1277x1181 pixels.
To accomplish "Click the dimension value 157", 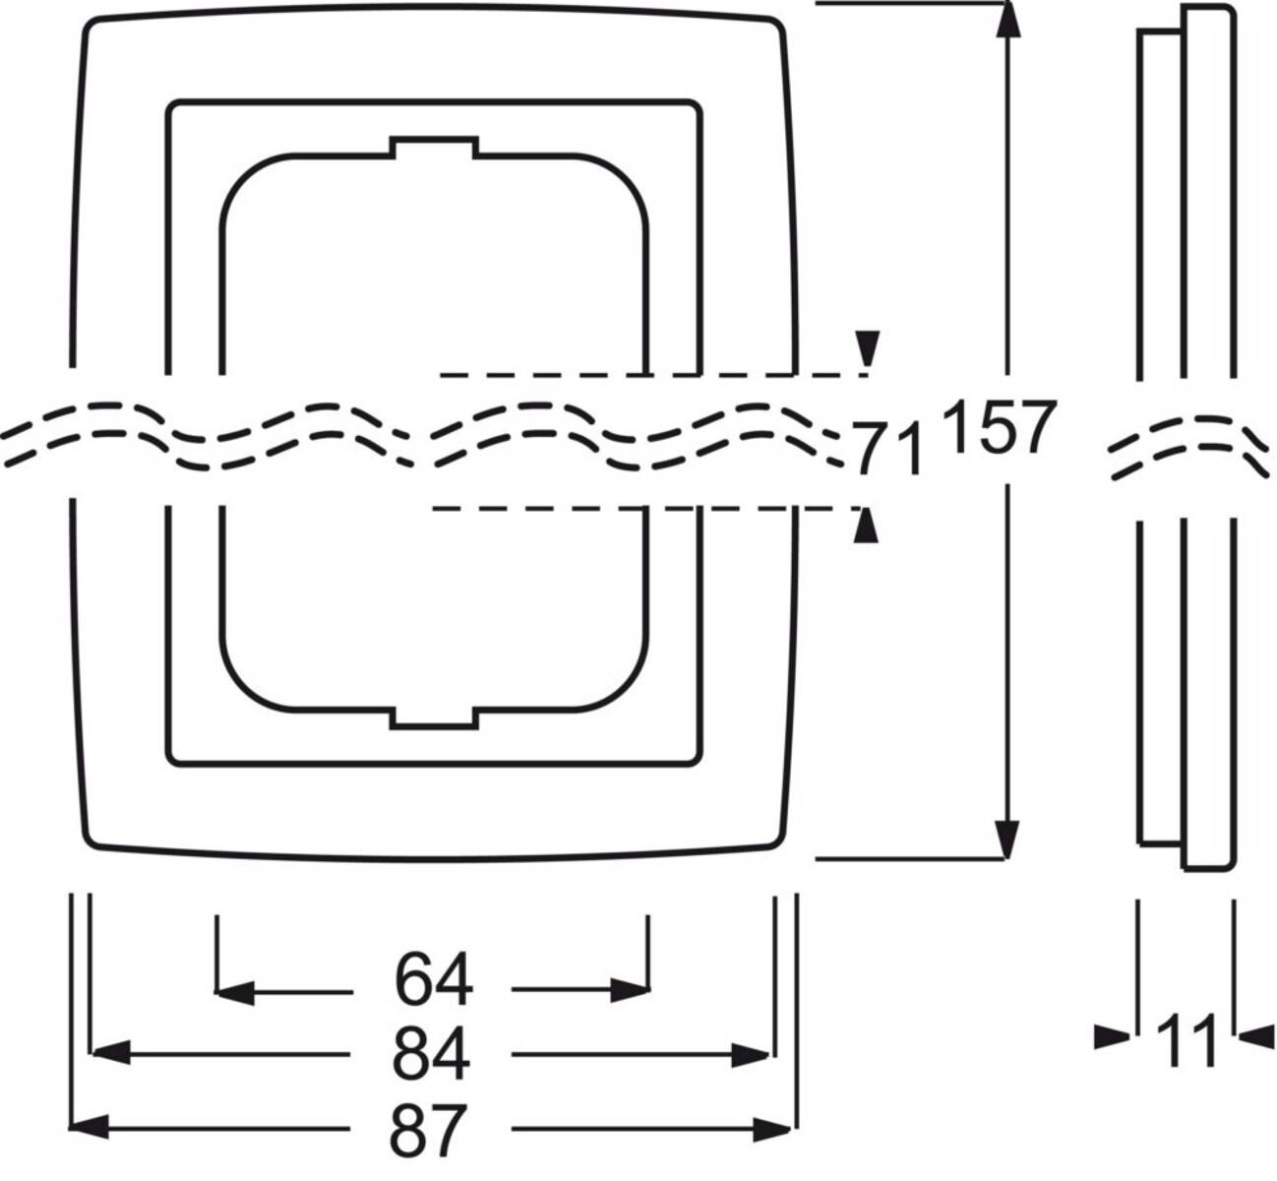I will tap(999, 429).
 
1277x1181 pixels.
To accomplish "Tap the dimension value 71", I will tap(888, 449).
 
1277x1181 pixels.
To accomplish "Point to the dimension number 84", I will tap(431, 1055).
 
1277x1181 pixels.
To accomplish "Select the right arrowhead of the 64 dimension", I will tap(631, 990).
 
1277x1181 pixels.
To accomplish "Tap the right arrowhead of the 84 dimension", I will tap(752, 1055).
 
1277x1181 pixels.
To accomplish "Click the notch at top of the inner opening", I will tap(434, 147).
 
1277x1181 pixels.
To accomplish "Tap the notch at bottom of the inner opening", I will tap(434, 718).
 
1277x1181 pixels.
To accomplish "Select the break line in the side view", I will tap(1186, 446).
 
